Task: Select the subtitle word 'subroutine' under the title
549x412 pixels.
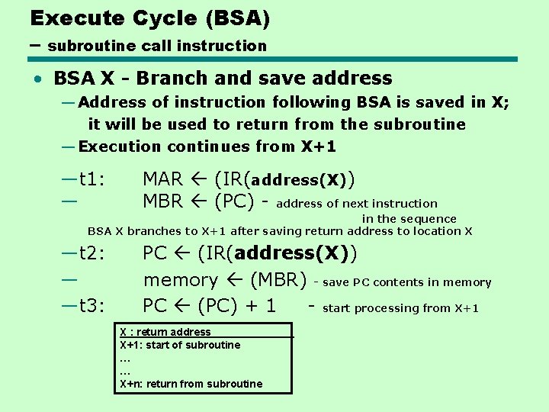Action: (x=85, y=46)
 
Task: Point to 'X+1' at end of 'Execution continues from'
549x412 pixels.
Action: (x=319, y=146)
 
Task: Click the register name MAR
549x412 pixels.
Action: (x=163, y=179)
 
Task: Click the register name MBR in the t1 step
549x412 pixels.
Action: (x=163, y=202)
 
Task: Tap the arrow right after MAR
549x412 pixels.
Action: (x=197, y=180)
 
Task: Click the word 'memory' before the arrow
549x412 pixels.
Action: (x=181, y=280)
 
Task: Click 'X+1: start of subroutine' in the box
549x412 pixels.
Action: (x=180, y=345)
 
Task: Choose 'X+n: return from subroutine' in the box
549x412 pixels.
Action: (x=191, y=384)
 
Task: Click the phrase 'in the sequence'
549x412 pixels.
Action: (x=409, y=219)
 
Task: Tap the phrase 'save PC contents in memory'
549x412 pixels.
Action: (x=407, y=282)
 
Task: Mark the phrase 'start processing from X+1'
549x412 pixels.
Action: (x=401, y=308)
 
